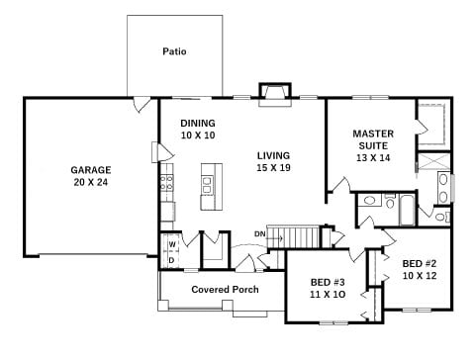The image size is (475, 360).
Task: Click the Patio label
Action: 174,51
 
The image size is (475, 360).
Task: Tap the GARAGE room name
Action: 91,170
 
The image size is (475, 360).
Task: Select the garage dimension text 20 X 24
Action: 91,182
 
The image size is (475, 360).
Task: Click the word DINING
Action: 198,123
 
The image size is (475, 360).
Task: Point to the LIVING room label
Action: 273,155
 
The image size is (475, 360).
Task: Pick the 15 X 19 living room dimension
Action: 273,168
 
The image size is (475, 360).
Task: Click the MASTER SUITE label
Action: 373,139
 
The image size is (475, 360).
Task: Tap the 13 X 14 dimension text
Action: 373,158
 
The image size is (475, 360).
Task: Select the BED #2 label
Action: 420,264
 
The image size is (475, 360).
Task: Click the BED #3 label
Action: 328,282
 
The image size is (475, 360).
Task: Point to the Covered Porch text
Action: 225,290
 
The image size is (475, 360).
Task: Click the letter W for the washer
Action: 172,244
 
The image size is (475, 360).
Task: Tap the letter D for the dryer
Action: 171,260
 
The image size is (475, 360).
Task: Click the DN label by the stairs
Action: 259,234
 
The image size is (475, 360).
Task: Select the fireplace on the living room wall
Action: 275,95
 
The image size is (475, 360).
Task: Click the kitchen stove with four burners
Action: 166,183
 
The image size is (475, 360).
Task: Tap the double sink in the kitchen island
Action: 208,185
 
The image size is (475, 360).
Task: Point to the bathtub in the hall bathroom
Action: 407,210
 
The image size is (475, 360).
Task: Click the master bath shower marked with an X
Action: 433,161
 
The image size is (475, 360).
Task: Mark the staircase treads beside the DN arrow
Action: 293,236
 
